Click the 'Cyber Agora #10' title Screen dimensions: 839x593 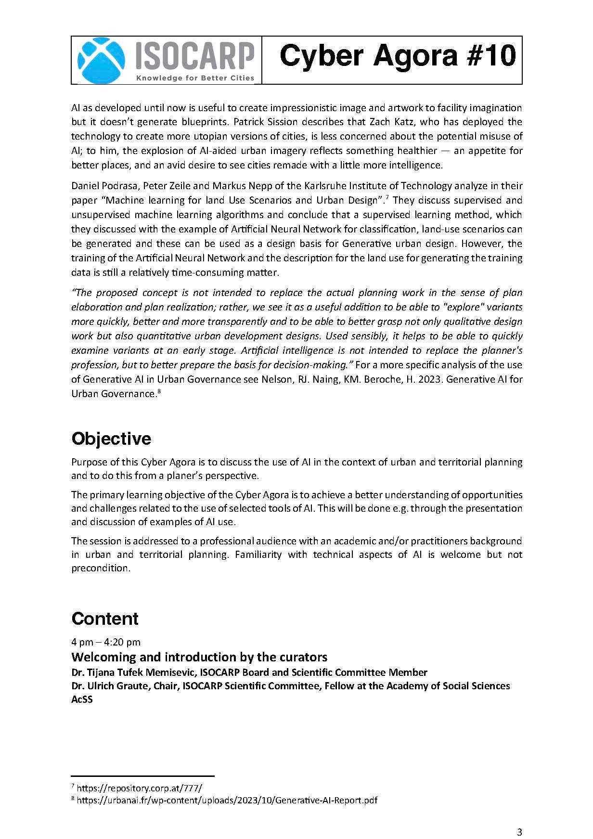(398, 56)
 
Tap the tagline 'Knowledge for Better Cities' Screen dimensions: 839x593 (195, 78)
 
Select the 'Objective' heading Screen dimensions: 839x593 (111, 439)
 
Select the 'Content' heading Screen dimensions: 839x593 (105, 619)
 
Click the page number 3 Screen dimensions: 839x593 (519, 818)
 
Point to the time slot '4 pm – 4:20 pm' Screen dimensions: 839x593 (106, 642)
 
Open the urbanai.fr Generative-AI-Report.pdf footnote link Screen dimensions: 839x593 (227, 800)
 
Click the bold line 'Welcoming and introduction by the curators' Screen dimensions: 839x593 (199, 657)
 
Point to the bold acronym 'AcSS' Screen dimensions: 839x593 (82, 699)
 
